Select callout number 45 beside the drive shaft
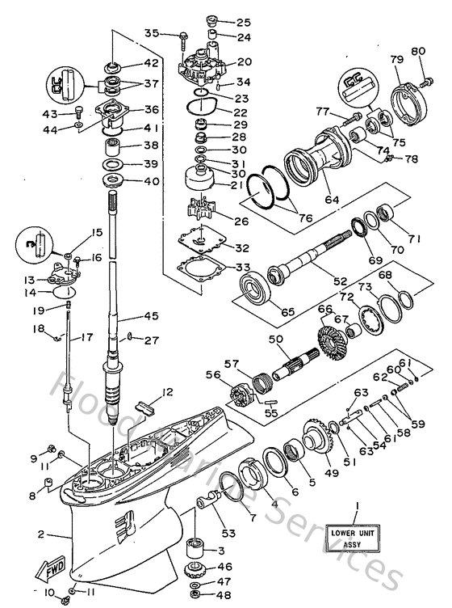click(151, 316)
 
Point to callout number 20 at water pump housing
click(243, 62)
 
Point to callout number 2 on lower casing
click(42, 534)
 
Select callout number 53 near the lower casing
click(207, 533)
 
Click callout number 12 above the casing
click(167, 392)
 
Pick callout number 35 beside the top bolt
click(152, 33)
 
